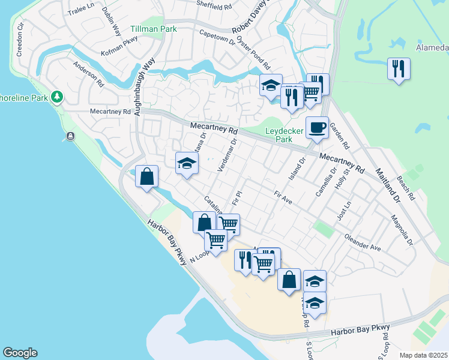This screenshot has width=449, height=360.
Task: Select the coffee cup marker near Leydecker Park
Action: coord(317,128)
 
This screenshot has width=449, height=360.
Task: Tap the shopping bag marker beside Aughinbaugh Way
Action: coord(146,178)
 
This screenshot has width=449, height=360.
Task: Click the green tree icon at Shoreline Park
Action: coord(57,96)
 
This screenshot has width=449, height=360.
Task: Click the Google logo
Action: coord(20,353)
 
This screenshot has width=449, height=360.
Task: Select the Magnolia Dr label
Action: coord(402,230)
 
